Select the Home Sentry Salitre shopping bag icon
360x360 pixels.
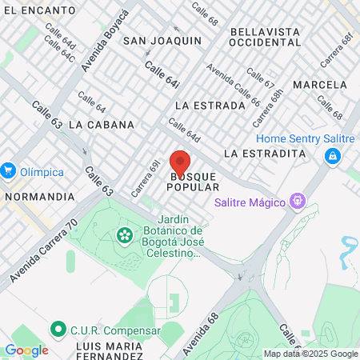(x=331, y=157)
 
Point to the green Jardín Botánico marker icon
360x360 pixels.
(x=125, y=235)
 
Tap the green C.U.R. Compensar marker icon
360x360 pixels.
(x=58, y=329)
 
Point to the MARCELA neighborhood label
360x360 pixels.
(x=320, y=84)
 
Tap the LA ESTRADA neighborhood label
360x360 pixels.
(x=209, y=105)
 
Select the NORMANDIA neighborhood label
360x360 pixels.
(x=38, y=195)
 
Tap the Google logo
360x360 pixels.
(x=26, y=350)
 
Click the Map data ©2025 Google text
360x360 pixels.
(x=310, y=354)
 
